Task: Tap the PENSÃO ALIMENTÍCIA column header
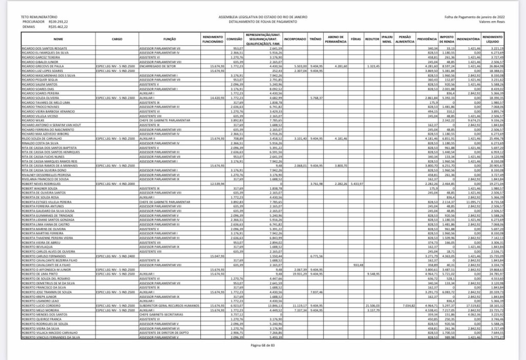point(405,40)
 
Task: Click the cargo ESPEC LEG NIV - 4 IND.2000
point(116,183)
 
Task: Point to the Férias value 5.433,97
point(356,183)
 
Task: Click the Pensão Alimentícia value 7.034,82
point(405,305)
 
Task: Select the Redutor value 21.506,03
point(372,305)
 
